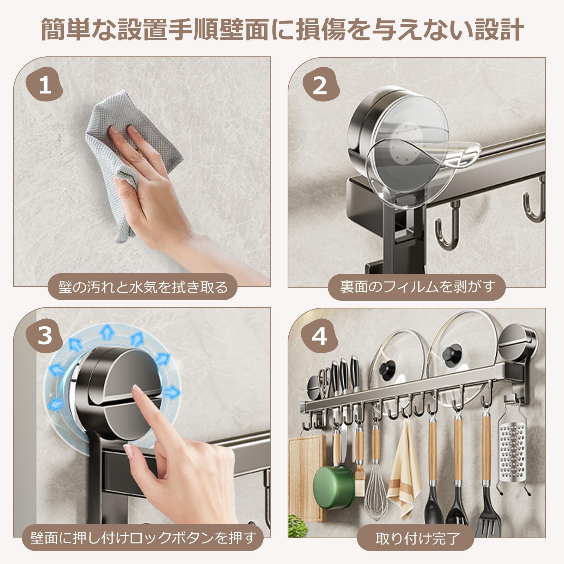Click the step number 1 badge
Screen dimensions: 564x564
pos(45,85)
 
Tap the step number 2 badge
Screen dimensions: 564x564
pos(320,85)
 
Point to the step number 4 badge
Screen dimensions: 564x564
pos(320,336)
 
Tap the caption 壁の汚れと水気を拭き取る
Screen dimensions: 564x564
pos(142,287)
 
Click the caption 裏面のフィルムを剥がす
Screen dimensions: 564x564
pos(417,287)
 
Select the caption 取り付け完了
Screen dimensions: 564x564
pos(417,538)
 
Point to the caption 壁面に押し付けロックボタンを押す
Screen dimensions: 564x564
pos(142,538)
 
